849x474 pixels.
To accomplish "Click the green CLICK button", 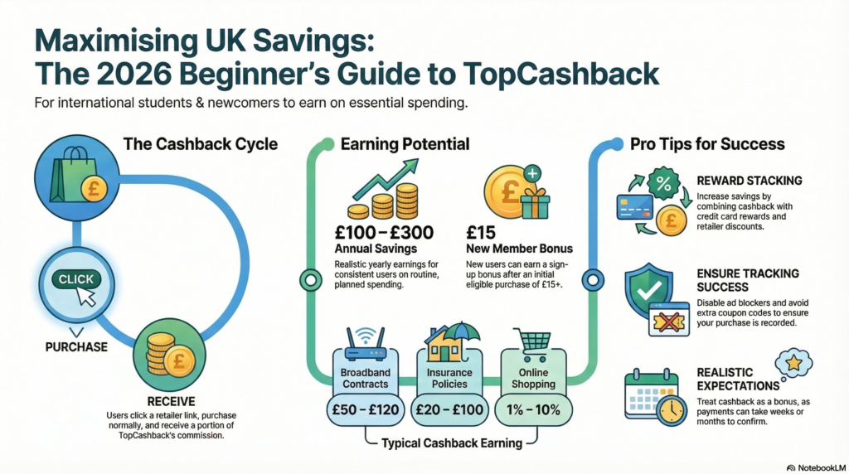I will pos(75,280).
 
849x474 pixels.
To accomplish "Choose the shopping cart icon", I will pos(532,340).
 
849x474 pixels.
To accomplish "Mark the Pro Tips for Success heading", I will pos(707,144).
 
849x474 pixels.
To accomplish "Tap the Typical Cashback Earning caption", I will pos(452,443).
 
